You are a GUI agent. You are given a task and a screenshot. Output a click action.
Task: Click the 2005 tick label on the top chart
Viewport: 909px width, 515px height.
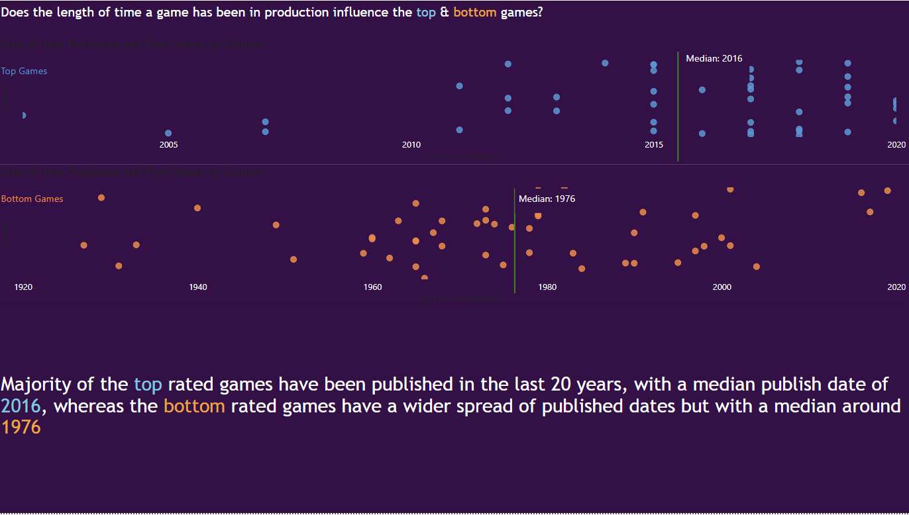tap(168, 145)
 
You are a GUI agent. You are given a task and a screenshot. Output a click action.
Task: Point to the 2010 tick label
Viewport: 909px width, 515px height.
tap(411, 145)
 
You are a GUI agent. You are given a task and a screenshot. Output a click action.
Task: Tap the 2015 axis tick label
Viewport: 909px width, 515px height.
tap(653, 145)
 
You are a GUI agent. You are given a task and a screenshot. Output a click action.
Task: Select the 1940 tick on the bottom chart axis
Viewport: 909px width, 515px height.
tap(197, 287)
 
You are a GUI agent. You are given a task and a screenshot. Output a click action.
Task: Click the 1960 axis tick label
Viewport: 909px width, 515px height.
tap(372, 287)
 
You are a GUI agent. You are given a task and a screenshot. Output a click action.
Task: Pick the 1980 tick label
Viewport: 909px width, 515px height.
tap(547, 287)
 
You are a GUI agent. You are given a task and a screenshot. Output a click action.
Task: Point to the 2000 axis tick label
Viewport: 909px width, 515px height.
tap(722, 287)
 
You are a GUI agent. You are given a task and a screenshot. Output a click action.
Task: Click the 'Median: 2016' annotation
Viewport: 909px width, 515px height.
tap(714, 59)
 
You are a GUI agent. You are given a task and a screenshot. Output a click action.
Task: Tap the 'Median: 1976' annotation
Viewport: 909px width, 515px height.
tap(547, 199)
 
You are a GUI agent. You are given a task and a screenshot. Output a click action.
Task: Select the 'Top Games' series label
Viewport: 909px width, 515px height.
tap(24, 71)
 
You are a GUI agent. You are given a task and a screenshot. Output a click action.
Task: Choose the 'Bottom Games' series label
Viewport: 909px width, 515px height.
tap(32, 199)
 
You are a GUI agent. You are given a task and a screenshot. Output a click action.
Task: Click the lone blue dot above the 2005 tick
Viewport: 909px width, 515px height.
tap(168, 133)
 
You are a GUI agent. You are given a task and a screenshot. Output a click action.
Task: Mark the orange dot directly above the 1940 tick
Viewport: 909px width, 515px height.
tap(197, 208)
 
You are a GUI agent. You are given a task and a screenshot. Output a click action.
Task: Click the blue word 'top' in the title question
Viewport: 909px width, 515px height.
tap(426, 13)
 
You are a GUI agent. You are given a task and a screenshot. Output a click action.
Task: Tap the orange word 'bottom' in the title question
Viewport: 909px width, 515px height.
tap(474, 13)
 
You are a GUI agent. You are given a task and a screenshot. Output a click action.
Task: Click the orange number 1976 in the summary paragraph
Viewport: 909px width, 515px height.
tap(21, 428)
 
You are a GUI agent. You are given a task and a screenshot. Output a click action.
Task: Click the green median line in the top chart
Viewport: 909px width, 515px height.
tap(678, 106)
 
